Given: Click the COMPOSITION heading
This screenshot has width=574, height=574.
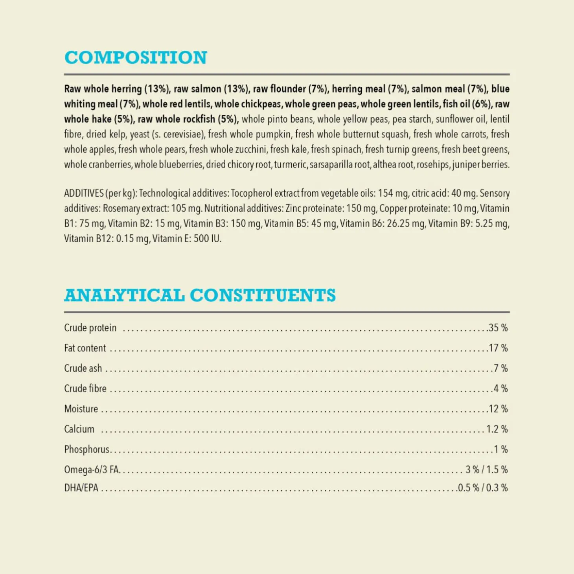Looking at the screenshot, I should coord(136,58).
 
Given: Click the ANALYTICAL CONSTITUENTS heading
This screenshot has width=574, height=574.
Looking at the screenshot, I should coord(200,296).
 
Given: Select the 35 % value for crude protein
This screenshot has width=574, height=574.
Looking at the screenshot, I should coord(498,328).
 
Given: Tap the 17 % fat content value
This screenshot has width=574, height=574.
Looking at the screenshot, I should coord(498,348).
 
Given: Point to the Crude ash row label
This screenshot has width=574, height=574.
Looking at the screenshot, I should coord(83,368).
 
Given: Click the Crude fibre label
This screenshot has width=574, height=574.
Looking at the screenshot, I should coord(85,388).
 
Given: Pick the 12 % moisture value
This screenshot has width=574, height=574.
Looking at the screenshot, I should coord(498,409).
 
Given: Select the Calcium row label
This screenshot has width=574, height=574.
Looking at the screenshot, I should coord(79,429).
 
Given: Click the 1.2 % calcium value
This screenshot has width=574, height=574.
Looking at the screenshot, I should coord(497,429).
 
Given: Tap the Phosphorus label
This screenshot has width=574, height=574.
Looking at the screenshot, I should coord(87,449).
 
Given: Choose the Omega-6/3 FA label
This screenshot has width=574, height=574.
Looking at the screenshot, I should coord(91,469).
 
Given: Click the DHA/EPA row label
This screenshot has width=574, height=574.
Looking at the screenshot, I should coord(81,488).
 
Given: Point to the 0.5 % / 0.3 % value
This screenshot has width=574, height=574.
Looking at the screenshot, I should coord(483,488).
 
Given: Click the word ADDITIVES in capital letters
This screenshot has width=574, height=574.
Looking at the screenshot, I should coord(84,193).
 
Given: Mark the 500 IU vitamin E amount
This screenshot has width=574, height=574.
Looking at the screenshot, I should coord(207,239).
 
